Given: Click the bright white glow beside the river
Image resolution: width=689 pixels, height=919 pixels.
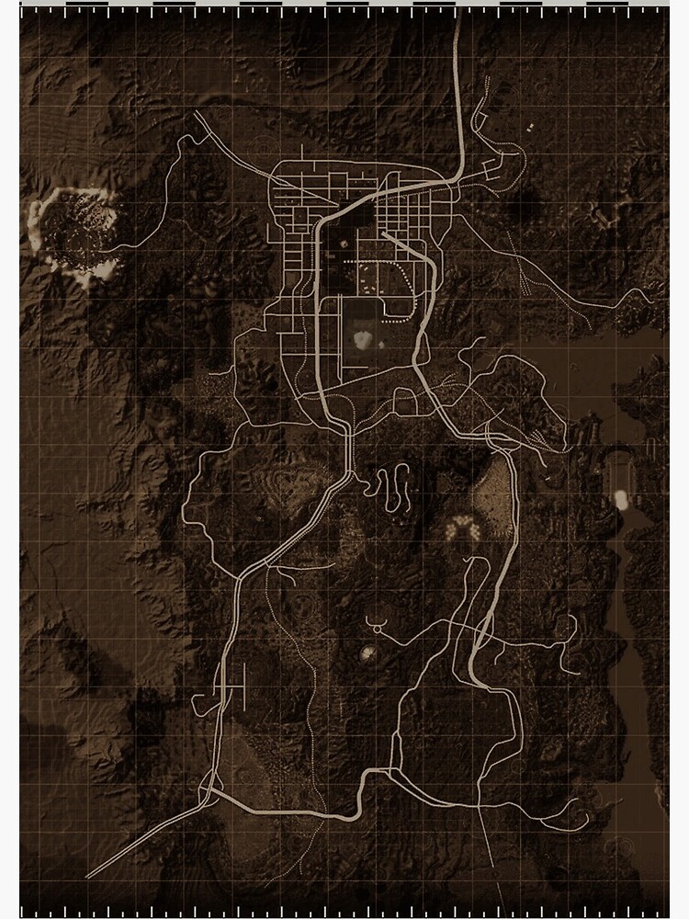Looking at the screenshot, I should [620, 500].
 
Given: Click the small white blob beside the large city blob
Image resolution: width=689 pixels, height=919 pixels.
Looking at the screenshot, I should [380, 345].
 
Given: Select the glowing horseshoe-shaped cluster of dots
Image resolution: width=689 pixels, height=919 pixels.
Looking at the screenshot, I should [458, 528].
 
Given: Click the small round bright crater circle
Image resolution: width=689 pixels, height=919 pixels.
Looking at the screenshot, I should [367, 653].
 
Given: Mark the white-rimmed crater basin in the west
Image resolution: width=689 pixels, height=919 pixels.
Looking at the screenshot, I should [75, 232].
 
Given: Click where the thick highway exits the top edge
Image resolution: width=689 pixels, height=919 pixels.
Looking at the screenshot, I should [457, 20].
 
